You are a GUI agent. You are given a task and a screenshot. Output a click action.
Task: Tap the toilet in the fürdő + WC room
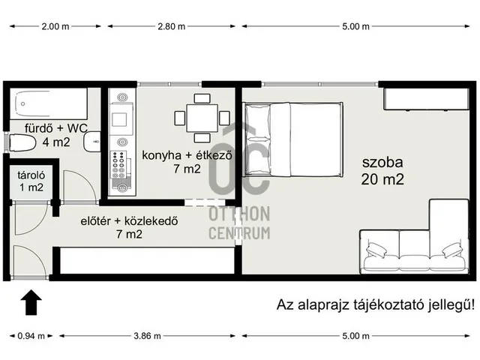pos(24,142)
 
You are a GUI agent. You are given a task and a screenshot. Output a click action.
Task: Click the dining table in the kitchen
pos(200,118)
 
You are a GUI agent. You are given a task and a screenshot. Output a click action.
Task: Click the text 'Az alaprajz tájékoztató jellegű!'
pos(365,304)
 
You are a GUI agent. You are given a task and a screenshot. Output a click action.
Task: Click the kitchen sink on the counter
pos(120,120)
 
